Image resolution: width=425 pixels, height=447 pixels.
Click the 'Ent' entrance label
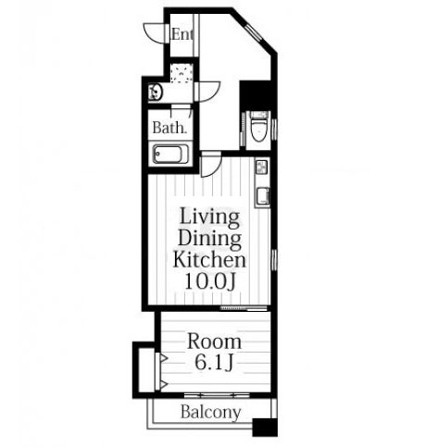[182, 34]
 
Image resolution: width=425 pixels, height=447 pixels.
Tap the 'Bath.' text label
[169, 128]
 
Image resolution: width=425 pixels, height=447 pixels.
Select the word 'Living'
[209, 217]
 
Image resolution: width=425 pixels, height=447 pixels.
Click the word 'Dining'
[209, 240]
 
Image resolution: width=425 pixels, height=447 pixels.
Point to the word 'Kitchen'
[209, 260]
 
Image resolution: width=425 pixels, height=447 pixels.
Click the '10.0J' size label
[210, 281]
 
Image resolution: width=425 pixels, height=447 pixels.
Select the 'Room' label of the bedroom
[214, 341]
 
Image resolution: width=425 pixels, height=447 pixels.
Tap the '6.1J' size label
[214, 362]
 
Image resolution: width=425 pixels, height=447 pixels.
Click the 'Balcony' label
[210, 412]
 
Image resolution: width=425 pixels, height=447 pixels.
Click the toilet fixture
[258, 129]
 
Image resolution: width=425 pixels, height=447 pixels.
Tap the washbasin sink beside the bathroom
[156, 93]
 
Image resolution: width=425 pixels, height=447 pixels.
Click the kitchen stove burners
[262, 168]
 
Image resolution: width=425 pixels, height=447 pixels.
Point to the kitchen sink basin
[263, 196]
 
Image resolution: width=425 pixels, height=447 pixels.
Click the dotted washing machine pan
[181, 73]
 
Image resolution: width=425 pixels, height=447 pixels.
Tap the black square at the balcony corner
[265, 428]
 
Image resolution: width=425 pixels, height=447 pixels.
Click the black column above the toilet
[255, 95]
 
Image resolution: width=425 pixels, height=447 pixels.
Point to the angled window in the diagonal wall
[254, 32]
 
